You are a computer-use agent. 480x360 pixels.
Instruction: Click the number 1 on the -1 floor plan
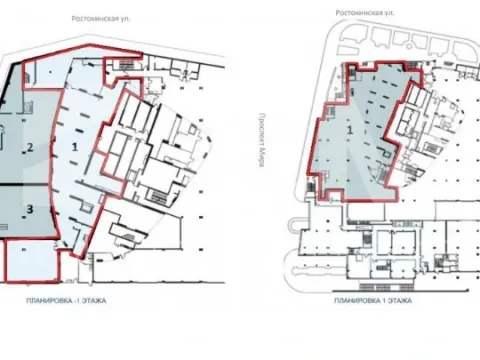click(75, 146)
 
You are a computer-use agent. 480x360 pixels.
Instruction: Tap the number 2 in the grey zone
click(30, 147)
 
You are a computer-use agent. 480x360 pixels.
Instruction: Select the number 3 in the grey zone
click(30, 209)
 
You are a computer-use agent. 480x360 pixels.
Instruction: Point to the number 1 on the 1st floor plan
click(350, 130)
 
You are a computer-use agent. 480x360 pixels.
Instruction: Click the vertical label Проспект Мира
click(262, 140)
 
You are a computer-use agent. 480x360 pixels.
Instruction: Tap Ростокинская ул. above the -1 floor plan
click(101, 19)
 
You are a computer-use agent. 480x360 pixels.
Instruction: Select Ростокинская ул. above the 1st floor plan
click(365, 13)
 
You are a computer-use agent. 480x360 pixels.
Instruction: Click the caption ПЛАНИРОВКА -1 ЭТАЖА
click(66, 301)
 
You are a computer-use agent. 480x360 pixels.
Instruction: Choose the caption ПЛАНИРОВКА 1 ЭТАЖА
click(373, 301)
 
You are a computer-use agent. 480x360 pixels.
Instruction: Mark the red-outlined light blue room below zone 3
click(32, 261)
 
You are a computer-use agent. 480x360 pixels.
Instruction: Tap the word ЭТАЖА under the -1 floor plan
click(95, 301)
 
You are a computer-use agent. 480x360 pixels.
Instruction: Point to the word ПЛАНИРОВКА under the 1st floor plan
click(356, 301)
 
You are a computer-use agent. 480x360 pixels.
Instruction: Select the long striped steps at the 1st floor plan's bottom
click(387, 287)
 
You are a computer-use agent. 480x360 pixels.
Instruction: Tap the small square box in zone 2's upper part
click(28, 107)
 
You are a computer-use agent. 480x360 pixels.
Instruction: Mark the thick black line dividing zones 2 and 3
click(24, 184)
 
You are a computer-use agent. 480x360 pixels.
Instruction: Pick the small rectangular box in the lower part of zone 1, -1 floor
click(87, 209)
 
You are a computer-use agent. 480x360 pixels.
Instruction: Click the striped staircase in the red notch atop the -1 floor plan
click(126, 65)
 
